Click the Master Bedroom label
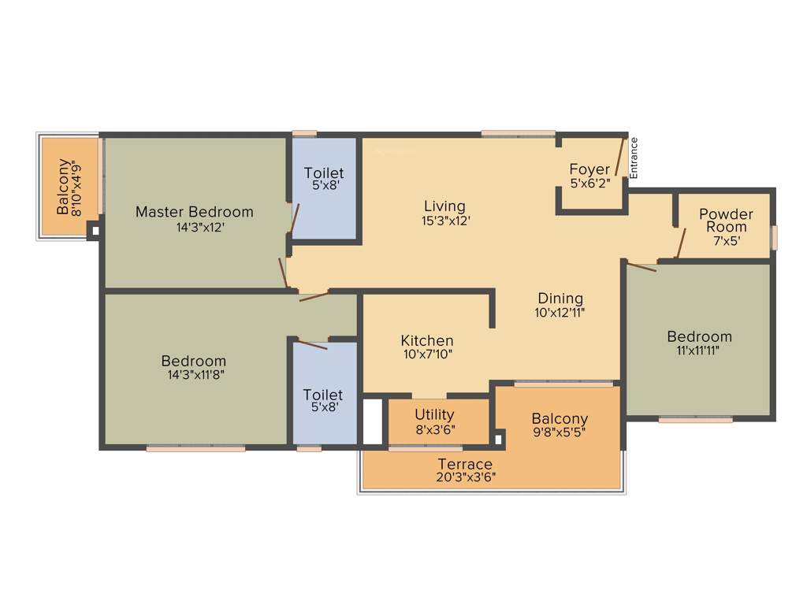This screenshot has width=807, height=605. tap(194, 211)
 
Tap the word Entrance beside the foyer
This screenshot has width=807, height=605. tap(634, 158)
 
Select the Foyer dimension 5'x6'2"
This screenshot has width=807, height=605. tap(589, 184)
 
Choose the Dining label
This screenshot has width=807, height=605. tap(560, 298)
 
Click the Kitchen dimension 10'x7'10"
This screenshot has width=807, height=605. tap(427, 354)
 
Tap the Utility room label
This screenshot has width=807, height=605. tap(434, 414)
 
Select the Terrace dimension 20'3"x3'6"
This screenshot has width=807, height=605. tap(465, 477)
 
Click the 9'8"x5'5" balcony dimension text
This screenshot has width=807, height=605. tap(559, 432)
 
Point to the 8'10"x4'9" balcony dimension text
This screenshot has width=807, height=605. tap(76, 187)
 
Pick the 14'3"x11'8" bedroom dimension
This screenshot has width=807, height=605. tap(194, 374)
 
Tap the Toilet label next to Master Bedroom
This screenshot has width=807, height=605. tap(323, 173)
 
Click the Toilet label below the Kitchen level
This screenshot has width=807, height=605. tap(323, 394)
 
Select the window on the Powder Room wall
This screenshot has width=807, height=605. tap(774, 237)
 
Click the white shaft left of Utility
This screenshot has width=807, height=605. tap(372, 422)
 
